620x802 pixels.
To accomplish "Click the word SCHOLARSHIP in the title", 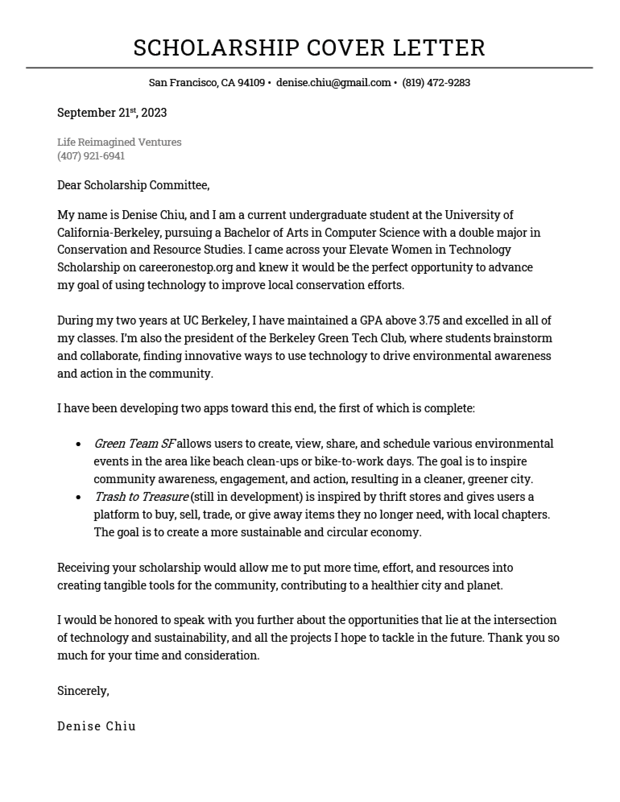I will pos(217,48).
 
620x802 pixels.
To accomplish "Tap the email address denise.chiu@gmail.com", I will pos(333,83).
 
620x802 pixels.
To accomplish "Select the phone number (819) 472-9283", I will pos(436,83).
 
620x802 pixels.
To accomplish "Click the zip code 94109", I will pos(251,83).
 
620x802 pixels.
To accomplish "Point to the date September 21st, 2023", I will pos(112,113).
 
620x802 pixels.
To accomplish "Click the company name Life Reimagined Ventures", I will pos(119,142).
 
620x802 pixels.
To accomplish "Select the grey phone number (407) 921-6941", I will pos(91,156).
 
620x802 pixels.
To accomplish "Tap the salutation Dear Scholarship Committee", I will pos(133,185).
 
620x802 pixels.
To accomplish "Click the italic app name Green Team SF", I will pos(134,444).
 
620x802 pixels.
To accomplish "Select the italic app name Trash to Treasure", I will pos(141,497).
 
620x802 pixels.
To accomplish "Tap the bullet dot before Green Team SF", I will pos(79,444).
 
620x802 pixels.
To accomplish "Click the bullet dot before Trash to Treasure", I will pos(79,498).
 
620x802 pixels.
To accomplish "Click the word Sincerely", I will pos(83,691).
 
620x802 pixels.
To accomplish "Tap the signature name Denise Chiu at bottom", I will pos(97,726).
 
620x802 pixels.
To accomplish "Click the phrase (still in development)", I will pos(246,497).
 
